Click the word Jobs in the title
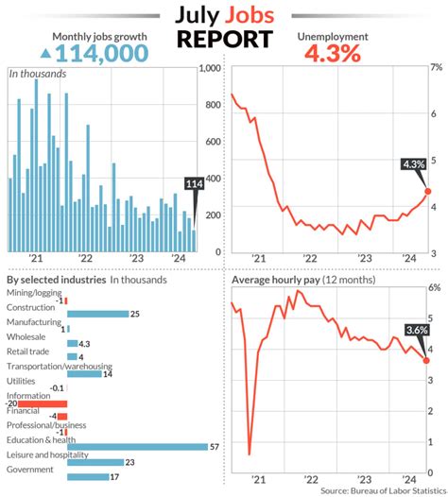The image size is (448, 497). [250, 16]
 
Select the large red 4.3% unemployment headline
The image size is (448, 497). [333, 54]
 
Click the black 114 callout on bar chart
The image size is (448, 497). [194, 184]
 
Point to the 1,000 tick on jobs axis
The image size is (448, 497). [209, 69]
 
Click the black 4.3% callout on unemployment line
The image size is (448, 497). [414, 164]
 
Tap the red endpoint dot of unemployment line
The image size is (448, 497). [428, 192]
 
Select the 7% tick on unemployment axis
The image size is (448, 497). [436, 69]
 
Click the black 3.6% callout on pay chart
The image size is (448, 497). [416, 331]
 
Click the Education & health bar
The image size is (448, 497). [137, 446]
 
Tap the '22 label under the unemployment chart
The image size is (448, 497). [310, 265]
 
